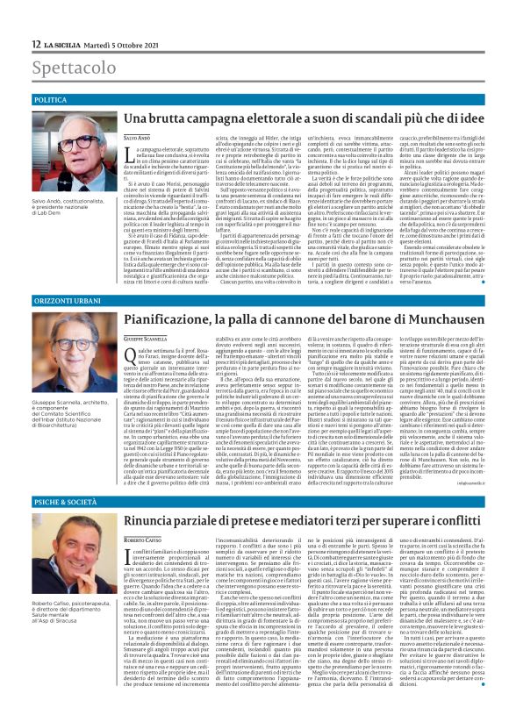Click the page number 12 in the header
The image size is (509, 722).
pos(36,45)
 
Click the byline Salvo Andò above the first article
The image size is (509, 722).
pos(138,139)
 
